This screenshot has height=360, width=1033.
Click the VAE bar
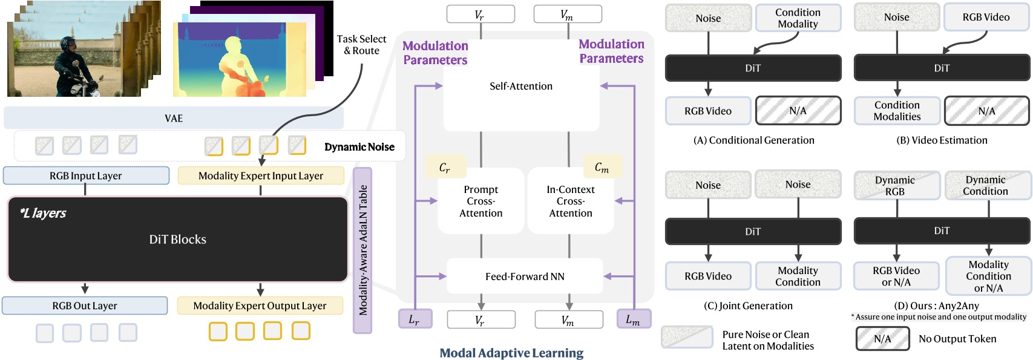[x=174, y=118]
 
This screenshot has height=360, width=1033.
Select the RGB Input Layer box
[x=86, y=176]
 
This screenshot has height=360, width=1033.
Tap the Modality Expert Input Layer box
[x=261, y=176]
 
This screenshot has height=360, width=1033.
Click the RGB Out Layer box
[x=85, y=306]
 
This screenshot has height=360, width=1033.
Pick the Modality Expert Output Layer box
[x=260, y=306]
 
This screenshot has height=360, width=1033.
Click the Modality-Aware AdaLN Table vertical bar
[x=362, y=250]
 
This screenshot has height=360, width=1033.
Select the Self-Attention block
[x=521, y=87]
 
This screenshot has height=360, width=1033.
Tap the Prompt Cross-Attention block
[x=480, y=201]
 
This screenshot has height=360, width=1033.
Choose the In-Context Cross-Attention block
[x=571, y=201]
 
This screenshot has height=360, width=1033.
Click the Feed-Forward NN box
[x=525, y=277]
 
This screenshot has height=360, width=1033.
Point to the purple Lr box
[x=415, y=319]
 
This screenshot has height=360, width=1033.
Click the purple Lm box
[x=633, y=319]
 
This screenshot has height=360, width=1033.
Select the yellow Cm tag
[x=602, y=167]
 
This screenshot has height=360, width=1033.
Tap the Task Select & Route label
[x=361, y=45]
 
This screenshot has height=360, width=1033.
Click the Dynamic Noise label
[x=359, y=147]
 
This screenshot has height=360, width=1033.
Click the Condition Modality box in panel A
[x=798, y=18]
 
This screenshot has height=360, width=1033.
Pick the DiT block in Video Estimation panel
[x=942, y=68]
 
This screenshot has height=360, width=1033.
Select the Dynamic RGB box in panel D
[x=896, y=185]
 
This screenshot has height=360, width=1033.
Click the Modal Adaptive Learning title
[x=511, y=353]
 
